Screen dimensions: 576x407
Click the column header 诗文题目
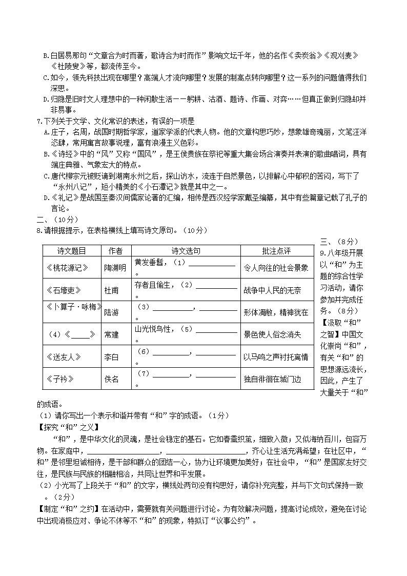click(x=71, y=251)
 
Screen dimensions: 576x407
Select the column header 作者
click(x=115, y=251)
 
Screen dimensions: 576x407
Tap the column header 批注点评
click(x=276, y=251)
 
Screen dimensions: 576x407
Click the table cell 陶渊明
click(x=115, y=268)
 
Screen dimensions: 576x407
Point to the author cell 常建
click(x=111, y=334)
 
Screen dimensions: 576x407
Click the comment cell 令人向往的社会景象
click(x=276, y=268)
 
